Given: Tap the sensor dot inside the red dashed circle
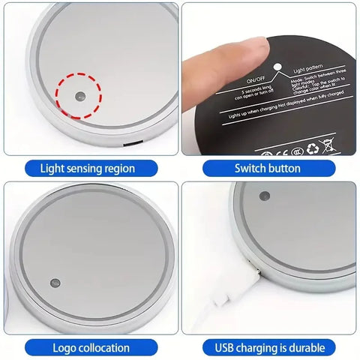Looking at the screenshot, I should [79, 95].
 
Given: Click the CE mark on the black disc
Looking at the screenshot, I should [277, 147].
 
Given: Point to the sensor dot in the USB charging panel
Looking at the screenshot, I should [264, 197].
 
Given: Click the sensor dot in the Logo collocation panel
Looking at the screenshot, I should [54, 283].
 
